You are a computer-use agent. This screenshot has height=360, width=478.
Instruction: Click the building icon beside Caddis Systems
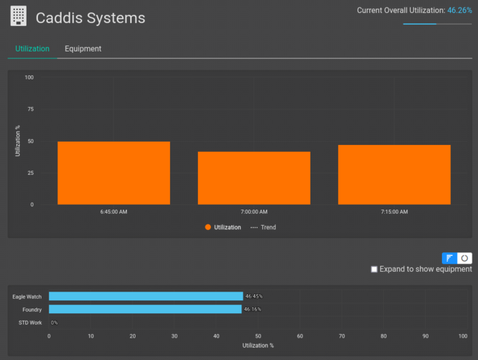point(19,16)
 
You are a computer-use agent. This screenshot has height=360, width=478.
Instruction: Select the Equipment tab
point(83,49)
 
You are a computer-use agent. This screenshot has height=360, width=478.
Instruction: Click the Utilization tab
point(33,49)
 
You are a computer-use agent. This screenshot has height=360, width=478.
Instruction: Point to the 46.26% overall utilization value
point(459,11)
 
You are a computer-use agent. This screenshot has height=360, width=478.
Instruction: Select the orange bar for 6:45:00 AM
point(113,173)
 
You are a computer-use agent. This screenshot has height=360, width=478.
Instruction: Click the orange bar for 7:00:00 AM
point(254,178)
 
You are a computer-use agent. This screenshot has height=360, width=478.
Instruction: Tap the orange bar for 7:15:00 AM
point(394,174)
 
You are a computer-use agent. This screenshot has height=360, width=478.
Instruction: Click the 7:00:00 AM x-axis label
point(254,212)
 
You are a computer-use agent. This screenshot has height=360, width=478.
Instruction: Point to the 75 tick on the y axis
point(29,109)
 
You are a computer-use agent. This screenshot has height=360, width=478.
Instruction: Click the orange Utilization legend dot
point(208,228)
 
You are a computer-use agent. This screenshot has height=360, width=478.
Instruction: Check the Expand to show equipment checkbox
point(374,269)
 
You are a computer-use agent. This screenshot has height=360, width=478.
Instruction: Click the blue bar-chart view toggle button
point(450,258)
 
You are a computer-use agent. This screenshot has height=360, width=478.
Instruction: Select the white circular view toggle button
point(464,258)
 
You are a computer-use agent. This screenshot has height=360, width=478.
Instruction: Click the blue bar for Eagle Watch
point(146,296)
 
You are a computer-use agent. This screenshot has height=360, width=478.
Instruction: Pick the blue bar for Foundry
point(145,309)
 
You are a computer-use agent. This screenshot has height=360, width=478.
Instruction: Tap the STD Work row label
point(29,323)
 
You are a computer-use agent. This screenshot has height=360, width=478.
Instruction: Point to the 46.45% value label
point(253,296)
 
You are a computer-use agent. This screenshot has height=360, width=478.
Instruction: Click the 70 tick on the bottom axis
point(342,336)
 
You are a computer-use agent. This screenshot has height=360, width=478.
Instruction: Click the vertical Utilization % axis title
point(18,140)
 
